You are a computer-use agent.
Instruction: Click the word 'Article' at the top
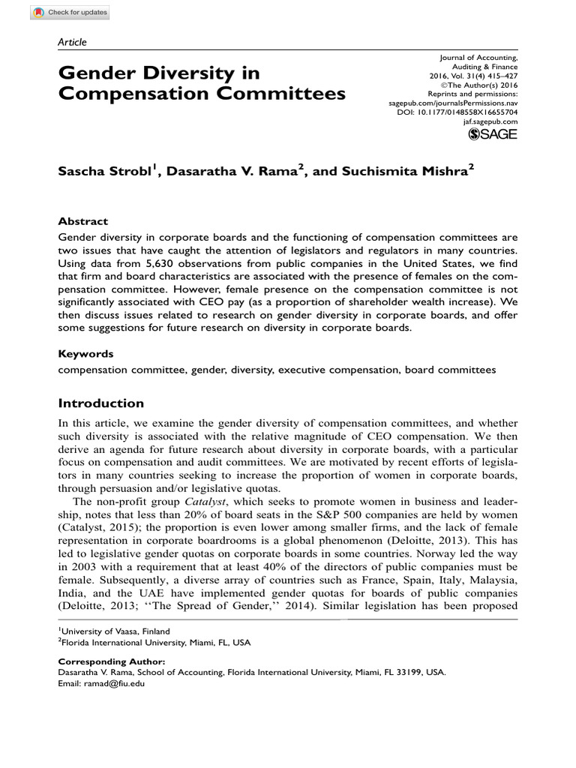click(72, 43)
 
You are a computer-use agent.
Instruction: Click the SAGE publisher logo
click(493, 134)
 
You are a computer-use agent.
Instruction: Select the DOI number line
click(457, 111)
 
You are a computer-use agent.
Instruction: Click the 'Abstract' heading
click(82, 221)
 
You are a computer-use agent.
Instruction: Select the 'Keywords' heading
click(85, 353)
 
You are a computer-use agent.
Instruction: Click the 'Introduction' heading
click(100, 403)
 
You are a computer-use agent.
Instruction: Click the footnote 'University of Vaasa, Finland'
click(114, 631)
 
